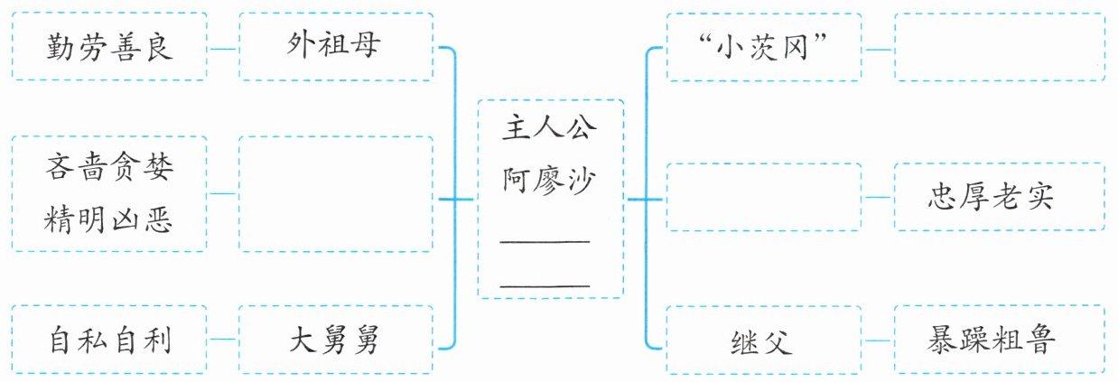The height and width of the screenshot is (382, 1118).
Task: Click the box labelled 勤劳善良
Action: [109, 46]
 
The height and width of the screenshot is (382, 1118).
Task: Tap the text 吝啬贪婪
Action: [109, 167]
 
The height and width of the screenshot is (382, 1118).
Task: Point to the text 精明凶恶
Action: [109, 219]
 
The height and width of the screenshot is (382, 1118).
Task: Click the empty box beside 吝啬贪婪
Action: [336, 193]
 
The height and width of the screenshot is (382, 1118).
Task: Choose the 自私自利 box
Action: [109, 341]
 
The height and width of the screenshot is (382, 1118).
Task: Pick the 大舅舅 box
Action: [336, 341]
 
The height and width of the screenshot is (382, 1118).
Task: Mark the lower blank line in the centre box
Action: [545, 284]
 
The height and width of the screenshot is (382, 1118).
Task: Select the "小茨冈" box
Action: [764, 46]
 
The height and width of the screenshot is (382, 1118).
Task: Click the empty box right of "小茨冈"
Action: [999, 46]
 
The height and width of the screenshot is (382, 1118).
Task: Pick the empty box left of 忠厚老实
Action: [764, 198]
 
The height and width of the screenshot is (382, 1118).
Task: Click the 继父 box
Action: [764, 341]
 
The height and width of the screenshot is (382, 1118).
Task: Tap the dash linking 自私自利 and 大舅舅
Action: [223, 341]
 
